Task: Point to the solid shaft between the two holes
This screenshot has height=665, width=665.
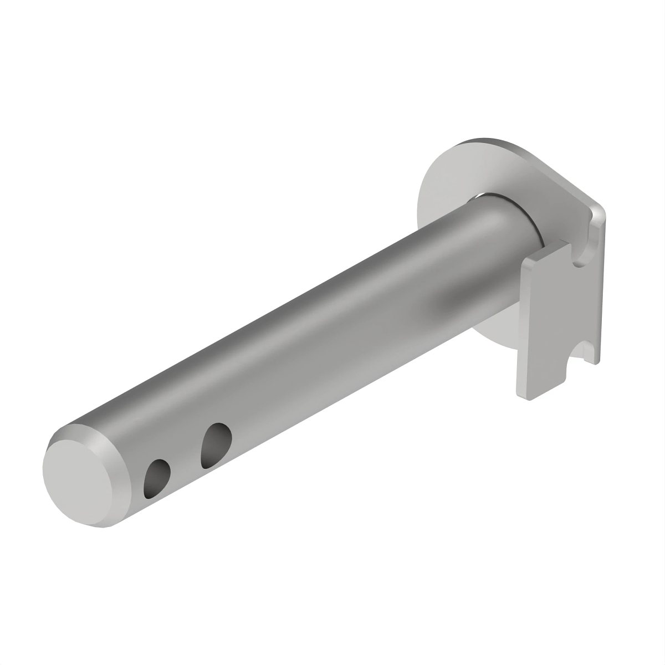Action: tap(186, 460)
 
